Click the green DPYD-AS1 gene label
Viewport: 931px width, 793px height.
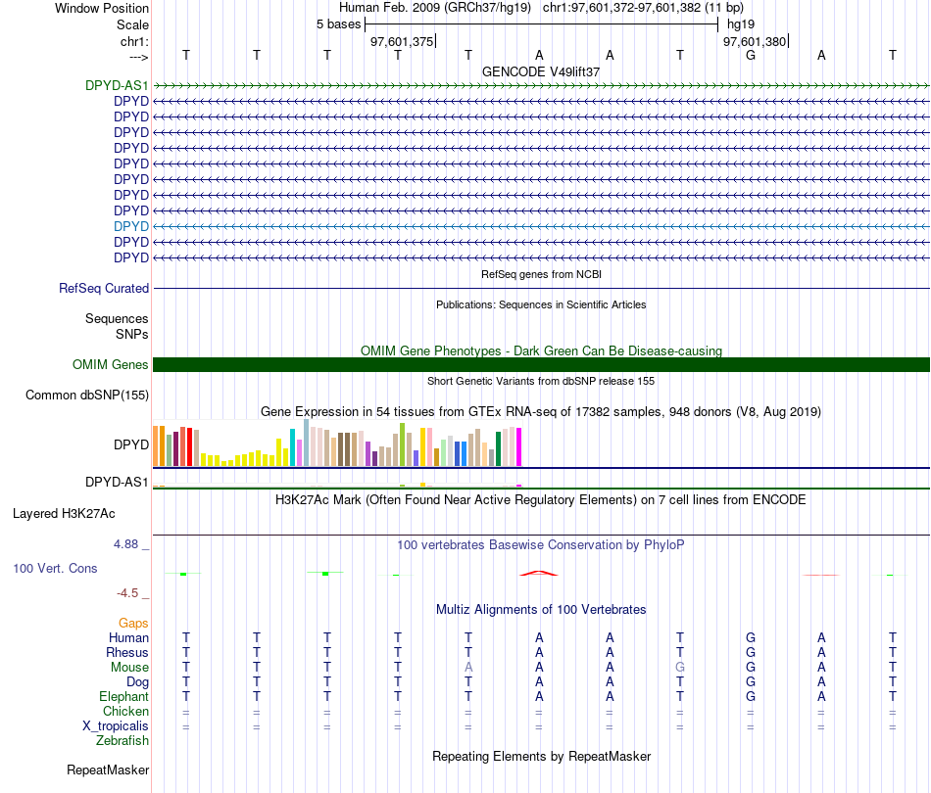pyautogui.click(x=117, y=85)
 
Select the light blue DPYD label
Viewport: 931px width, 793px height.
pyautogui.click(x=131, y=226)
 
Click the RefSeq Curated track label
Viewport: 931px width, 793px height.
pyautogui.click(x=104, y=288)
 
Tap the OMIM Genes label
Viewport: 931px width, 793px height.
pyautogui.click(x=111, y=365)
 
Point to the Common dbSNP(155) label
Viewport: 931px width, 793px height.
pyautogui.click(x=87, y=395)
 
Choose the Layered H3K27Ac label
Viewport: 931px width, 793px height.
pyautogui.click(x=64, y=514)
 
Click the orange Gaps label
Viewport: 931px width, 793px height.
pyautogui.click(x=133, y=623)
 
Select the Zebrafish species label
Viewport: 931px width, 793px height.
pyautogui.click(x=122, y=741)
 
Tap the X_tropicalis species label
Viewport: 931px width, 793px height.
pyautogui.click(x=116, y=726)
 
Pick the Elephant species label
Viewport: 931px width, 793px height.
pyautogui.click(x=124, y=696)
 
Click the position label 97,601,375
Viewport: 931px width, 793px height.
pyautogui.click(x=402, y=41)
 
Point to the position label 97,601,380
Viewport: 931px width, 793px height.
pyautogui.click(x=755, y=41)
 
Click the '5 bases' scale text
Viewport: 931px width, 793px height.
pyautogui.click(x=338, y=24)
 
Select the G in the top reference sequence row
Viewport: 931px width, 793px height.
pyautogui.click(x=751, y=55)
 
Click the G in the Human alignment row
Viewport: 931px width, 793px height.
pyautogui.click(x=751, y=637)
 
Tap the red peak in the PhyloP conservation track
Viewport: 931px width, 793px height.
pyautogui.click(x=539, y=573)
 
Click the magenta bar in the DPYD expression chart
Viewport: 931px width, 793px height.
pyautogui.click(x=519, y=447)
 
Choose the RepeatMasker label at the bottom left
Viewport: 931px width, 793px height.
pyautogui.click(x=108, y=770)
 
